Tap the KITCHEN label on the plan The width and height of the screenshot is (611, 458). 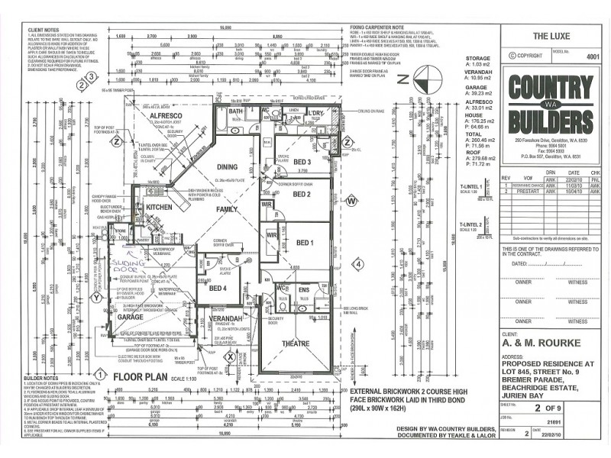159,207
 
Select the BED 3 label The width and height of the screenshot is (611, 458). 302,162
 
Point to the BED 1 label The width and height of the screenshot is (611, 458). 305,243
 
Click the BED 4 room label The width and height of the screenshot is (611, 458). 217,288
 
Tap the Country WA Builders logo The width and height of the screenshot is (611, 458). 550,104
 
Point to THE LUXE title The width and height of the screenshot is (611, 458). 548,35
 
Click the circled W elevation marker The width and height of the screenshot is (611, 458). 351,201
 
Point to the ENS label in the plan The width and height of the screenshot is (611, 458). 304,289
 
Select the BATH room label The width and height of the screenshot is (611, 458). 235,111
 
